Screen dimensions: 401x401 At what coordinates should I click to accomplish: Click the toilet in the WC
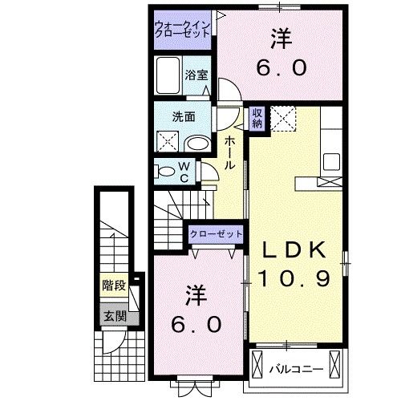pyautogui.click(x=165, y=171)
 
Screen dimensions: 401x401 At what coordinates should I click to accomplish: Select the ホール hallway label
pyautogui.click(x=230, y=152)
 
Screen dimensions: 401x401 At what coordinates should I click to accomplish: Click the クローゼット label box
pyautogui.click(x=216, y=233)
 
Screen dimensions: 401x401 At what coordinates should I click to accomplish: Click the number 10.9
pyautogui.click(x=294, y=278)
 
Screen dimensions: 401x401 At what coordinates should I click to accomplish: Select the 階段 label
pyautogui.click(x=113, y=286)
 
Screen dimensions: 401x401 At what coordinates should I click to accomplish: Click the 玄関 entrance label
pyautogui.click(x=113, y=315)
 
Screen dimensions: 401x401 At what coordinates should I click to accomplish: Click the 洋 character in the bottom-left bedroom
pyautogui.click(x=193, y=294)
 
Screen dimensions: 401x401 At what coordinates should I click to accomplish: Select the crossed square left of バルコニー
pyautogui.click(x=257, y=366)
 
